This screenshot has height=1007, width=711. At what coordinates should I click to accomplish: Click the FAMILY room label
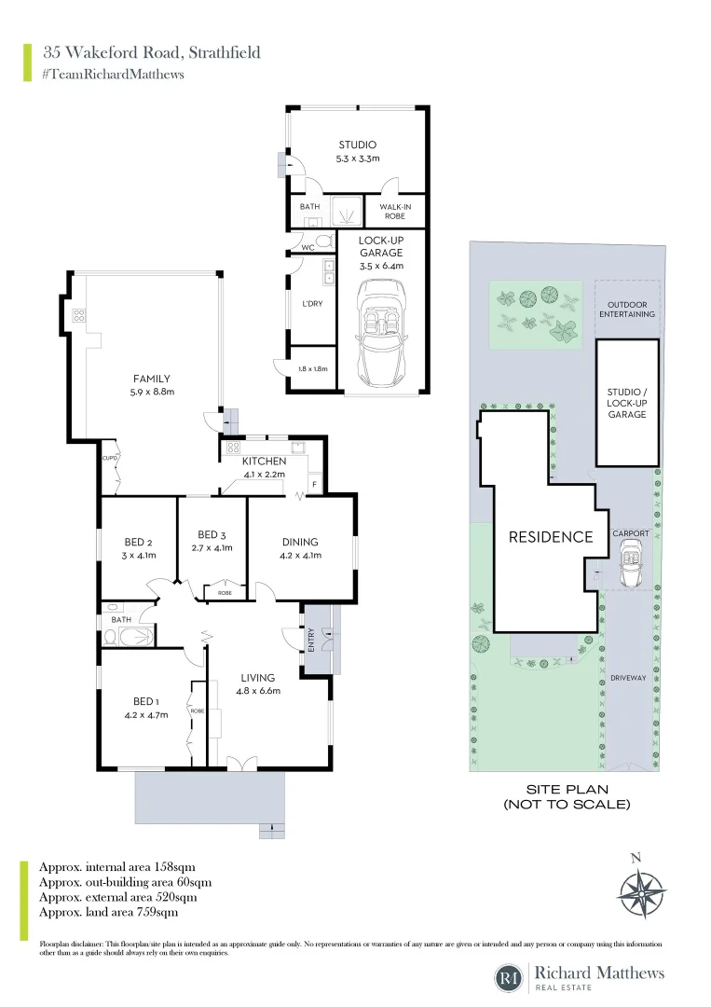pyautogui.click(x=151, y=379)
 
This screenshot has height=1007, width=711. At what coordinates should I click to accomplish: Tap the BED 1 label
pyautogui.click(x=144, y=702)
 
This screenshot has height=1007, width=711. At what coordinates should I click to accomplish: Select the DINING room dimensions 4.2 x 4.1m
pyautogui.click(x=300, y=556)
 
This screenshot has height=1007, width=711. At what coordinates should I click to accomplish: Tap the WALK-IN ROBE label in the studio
pyautogui.click(x=397, y=211)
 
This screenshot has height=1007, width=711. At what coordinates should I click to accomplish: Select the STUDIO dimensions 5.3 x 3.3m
pyautogui.click(x=356, y=159)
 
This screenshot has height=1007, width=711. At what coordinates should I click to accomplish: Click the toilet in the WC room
pyautogui.click(x=323, y=242)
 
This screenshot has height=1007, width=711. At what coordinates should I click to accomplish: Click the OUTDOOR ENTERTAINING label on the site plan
pyautogui.click(x=631, y=310)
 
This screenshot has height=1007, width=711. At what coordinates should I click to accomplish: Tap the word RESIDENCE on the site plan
pyautogui.click(x=550, y=537)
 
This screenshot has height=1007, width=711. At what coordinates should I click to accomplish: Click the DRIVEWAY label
pyautogui.click(x=630, y=678)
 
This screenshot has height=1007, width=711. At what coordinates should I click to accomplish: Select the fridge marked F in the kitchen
pyautogui.click(x=315, y=485)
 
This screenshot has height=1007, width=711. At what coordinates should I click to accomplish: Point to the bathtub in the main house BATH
pyautogui.click(x=136, y=637)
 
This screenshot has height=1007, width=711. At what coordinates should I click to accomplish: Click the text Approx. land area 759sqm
pyautogui.click(x=108, y=912)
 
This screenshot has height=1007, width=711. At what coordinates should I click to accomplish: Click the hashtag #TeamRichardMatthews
pyautogui.click(x=112, y=75)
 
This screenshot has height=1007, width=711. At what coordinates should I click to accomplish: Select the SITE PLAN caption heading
pyautogui.click(x=567, y=789)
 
